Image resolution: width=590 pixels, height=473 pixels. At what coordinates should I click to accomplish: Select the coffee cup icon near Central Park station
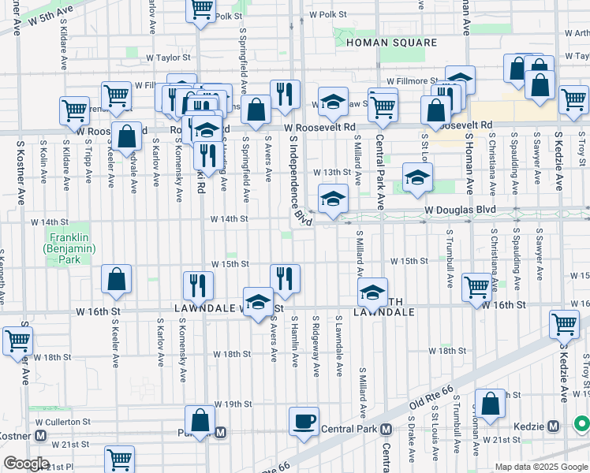[x=304, y=421]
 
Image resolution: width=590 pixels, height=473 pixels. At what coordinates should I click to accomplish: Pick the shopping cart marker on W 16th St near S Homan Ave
[x=477, y=288]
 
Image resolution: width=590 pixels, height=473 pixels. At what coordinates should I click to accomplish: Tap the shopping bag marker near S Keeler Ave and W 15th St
[x=116, y=278]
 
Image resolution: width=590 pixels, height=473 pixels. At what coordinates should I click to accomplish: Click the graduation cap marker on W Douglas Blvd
[x=333, y=198]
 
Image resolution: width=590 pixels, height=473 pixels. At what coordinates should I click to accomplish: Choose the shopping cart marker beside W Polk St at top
[x=201, y=9]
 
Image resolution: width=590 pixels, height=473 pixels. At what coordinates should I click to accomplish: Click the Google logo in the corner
[x=26, y=464]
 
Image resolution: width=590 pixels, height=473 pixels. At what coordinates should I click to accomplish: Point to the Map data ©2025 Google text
[x=540, y=467]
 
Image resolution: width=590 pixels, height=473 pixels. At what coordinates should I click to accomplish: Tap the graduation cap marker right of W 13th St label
[x=417, y=177]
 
